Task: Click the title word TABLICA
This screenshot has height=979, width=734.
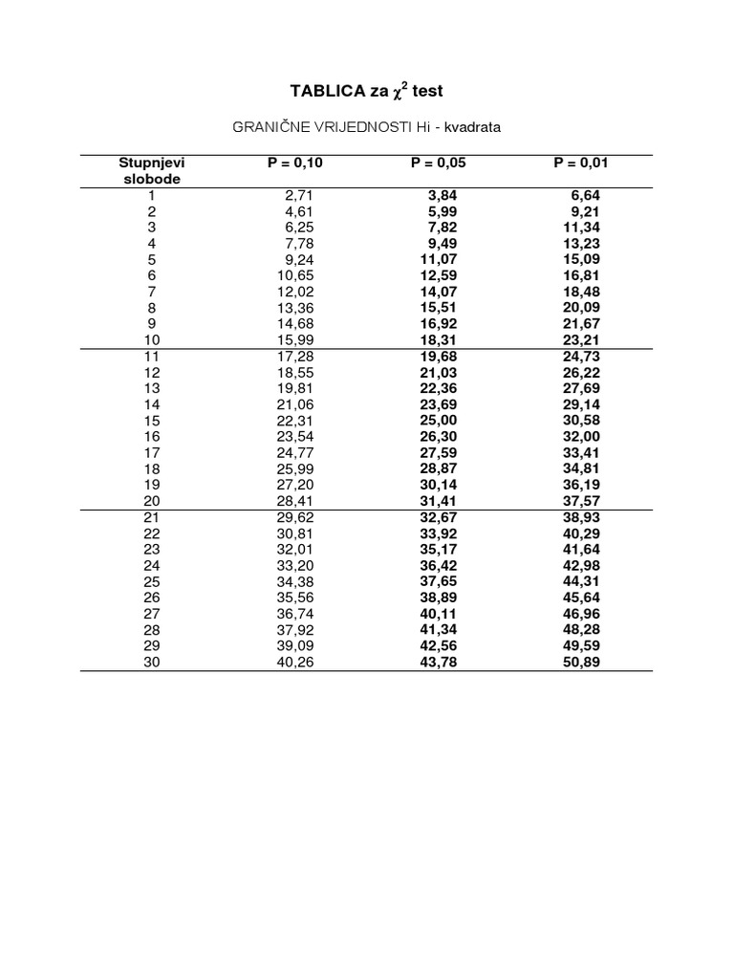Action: coord(325,91)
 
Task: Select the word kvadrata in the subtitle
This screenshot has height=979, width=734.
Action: coord(471,126)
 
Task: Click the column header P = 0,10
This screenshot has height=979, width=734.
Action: coord(295,163)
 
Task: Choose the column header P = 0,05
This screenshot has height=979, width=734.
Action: coord(439,163)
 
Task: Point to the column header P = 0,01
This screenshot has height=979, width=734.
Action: coord(581,163)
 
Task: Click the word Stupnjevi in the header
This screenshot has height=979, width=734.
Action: coord(152,163)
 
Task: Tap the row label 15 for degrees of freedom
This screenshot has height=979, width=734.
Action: coord(152,421)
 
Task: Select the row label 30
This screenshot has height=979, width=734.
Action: coord(152,662)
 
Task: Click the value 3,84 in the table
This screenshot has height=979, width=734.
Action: coord(443,195)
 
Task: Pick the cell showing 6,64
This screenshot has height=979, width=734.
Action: coord(586,195)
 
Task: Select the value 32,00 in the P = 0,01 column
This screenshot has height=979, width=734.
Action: coord(582,436)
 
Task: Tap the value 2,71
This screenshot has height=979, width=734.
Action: coord(299,195)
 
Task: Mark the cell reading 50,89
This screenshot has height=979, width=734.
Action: coord(582,662)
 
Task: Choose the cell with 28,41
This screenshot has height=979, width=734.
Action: coord(295,500)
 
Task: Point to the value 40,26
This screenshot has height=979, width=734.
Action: coord(295,662)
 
